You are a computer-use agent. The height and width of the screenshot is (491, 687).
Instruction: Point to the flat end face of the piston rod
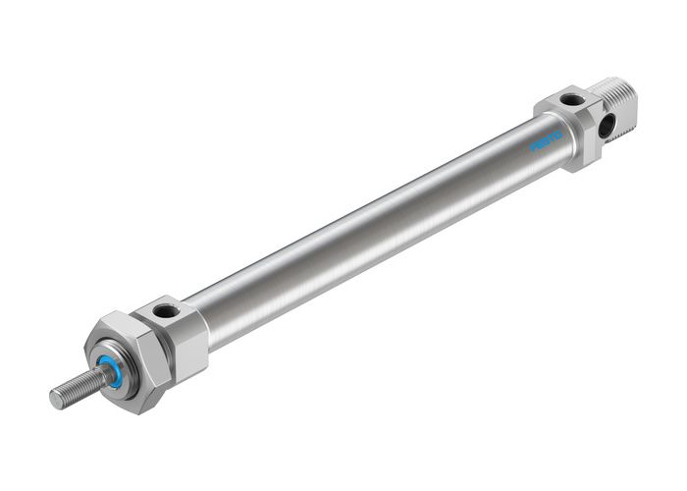click(55, 400)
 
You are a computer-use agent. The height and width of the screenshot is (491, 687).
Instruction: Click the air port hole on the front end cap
click(165, 312)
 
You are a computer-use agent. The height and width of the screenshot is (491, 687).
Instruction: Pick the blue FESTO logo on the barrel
click(547, 138)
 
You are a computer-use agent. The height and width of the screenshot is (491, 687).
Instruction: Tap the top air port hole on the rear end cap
click(572, 98)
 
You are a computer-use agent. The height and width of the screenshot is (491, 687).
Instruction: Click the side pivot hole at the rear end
click(608, 125)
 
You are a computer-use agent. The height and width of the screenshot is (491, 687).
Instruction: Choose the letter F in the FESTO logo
click(534, 146)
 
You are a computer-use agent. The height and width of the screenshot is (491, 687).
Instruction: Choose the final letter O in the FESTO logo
click(559, 131)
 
